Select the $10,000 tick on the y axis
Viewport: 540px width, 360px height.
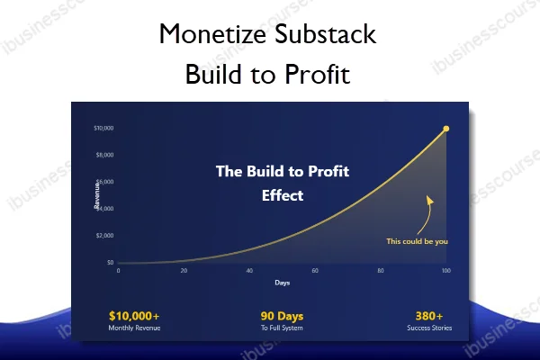click(x=103, y=128)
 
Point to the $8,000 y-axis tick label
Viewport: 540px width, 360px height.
click(x=104, y=155)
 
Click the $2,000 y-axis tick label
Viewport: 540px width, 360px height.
click(x=104, y=236)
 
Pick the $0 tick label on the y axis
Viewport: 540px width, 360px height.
click(x=110, y=263)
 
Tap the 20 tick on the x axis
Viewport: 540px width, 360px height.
click(x=184, y=271)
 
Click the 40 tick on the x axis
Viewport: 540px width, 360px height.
click(x=249, y=271)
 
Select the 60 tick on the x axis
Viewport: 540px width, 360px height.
click(x=315, y=271)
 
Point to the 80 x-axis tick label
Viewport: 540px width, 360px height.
click(x=381, y=271)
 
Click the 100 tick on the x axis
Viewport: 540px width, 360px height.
click(x=445, y=271)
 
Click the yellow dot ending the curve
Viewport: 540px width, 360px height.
click(x=446, y=129)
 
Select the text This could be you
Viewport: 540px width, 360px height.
click(x=417, y=241)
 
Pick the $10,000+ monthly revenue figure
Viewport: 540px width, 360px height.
click(x=134, y=316)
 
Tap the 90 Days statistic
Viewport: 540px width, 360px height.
click(x=281, y=316)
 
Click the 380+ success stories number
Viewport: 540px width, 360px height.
click(x=428, y=316)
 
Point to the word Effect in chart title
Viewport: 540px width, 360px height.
click(x=283, y=193)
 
